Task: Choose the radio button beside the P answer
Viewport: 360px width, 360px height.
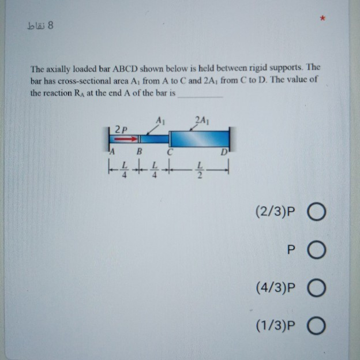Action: coord(317,251)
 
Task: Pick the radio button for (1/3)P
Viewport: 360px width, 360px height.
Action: coord(317,326)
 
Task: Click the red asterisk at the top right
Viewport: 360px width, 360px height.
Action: coord(323,20)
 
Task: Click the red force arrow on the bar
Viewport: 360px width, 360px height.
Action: coord(127,138)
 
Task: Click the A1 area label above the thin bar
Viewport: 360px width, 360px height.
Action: coord(161,120)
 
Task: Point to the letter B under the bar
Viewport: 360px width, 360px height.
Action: coord(138,152)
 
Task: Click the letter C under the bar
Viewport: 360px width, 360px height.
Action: coord(170,152)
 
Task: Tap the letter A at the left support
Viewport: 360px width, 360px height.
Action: coord(113,152)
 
